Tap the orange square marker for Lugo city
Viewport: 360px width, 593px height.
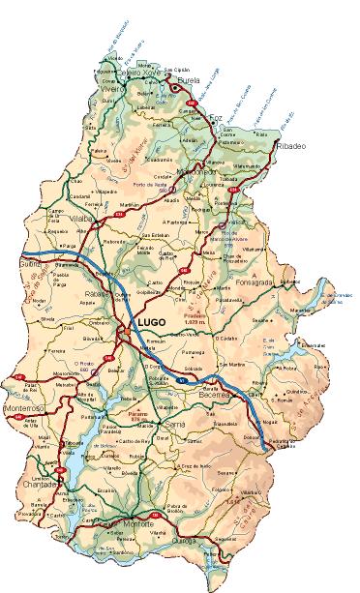pyautogui.click(x=127, y=334)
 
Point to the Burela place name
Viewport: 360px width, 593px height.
pyautogui.click(x=189, y=81)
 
